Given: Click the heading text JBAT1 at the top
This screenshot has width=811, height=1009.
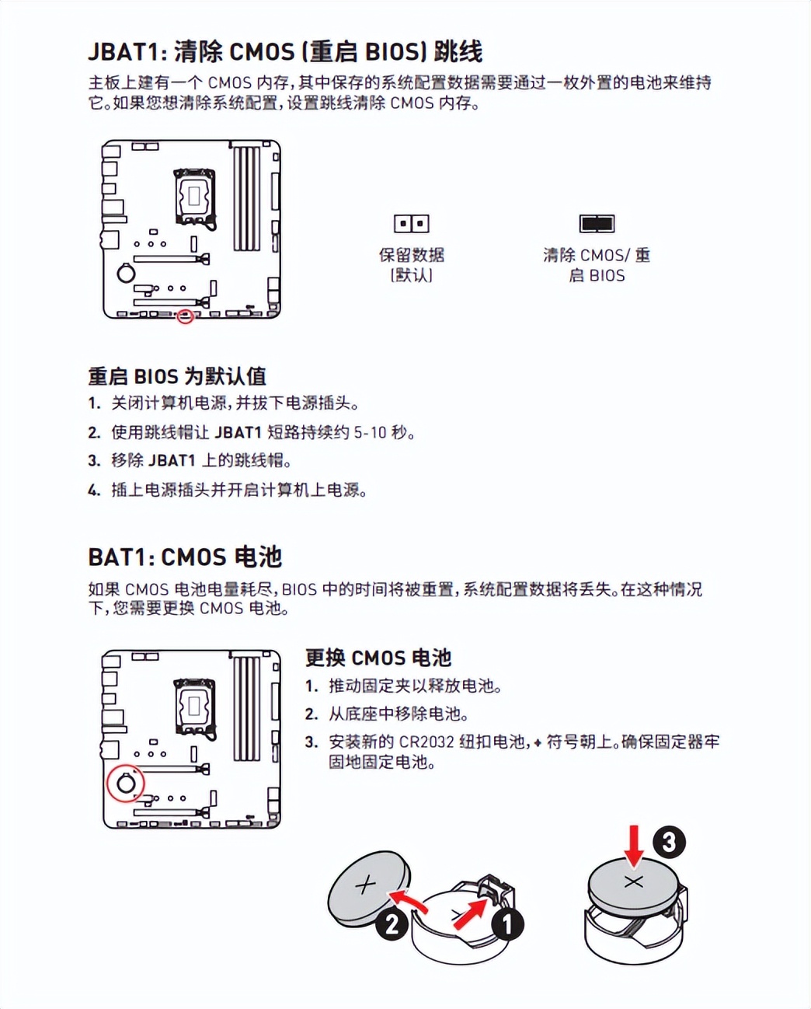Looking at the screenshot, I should point(125,51).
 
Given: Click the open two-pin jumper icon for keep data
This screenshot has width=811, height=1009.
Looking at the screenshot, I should point(411,224).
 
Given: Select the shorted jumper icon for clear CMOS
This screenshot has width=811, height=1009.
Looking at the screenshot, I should point(597,224).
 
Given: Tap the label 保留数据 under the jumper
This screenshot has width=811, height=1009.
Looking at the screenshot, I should point(411,255).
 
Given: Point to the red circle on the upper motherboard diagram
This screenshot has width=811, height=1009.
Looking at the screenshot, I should point(185,316).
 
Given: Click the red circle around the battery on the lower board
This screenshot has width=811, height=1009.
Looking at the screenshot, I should point(126,783).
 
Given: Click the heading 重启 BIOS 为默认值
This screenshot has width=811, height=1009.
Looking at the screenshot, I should point(177,376).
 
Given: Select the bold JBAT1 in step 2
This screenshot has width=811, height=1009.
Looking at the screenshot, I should point(238,432).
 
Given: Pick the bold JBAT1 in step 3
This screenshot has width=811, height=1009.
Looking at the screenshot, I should point(172,460).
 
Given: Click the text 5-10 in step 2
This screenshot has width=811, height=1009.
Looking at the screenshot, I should point(370,432).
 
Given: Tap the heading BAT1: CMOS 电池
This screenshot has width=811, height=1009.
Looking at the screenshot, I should point(185,557).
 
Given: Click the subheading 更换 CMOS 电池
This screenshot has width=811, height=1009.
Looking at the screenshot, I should point(378,658).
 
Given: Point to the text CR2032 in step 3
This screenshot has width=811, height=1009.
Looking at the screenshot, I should point(426,742).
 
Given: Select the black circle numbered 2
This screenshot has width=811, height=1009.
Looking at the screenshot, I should point(392,924).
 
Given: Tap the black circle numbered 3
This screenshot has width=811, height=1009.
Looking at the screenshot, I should point(669,842).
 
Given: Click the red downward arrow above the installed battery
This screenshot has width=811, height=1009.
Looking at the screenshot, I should point(634,846).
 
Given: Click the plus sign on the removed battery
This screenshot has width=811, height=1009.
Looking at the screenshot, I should point(365,885).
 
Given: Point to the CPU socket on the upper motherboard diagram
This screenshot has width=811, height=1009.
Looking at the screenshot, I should point(193,196).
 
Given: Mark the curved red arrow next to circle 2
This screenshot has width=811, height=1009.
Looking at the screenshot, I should point(409,901).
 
